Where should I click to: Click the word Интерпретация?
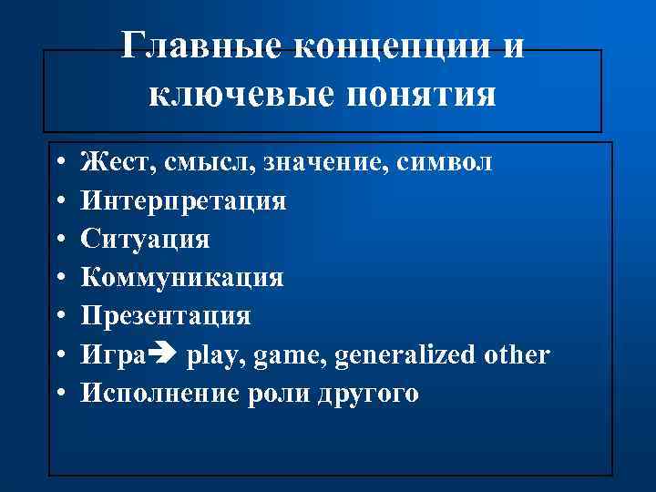(183, 200)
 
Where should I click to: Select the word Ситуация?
(145, 239)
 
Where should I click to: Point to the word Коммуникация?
(182, 277)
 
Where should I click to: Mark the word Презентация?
(166, 315)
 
